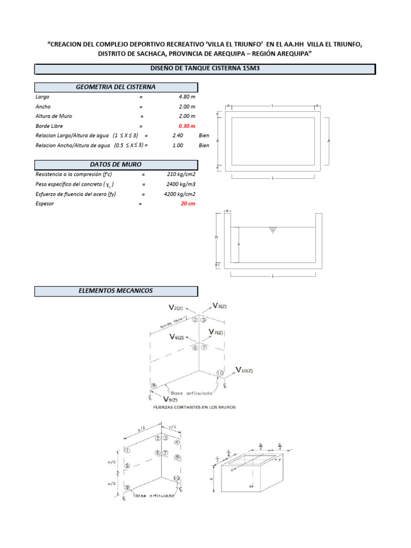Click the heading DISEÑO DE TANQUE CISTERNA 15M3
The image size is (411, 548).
tap(205, 68)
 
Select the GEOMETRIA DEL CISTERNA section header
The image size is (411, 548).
tap(116, 87)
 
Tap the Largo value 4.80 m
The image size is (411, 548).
tap(187, 97)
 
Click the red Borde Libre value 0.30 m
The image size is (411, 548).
tap(187, 126)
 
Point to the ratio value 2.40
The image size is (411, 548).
tap(178, 135)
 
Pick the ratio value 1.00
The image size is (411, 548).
tap(178, 145)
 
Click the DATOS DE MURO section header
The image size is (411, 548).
tap(116, 164)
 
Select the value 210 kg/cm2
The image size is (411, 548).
tap(181, 174)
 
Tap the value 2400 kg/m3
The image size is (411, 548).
tap(181, 184)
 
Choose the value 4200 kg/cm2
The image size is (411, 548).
tap(180, 194)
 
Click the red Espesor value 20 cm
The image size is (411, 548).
tap(188, 203)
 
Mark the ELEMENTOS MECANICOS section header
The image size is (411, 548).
tap(116, 291)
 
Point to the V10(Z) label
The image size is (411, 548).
tap(247, 370)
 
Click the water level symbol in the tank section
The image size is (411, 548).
tap(273, 231)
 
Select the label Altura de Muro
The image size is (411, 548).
tap(54, 116)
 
